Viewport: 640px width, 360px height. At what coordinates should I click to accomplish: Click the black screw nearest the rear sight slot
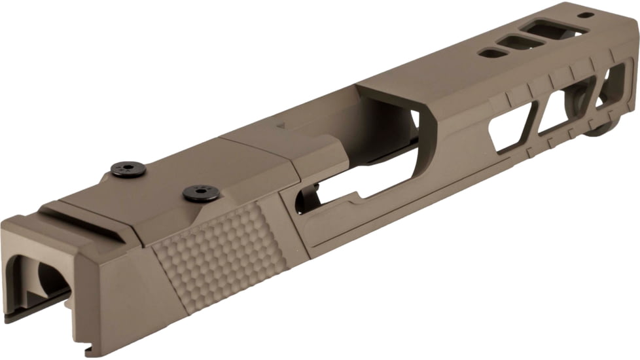[x=124, y=168]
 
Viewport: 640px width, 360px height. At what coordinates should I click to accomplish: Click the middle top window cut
[x=521, y=43]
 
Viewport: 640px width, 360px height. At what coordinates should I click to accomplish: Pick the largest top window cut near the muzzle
[x=555, y=29]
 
